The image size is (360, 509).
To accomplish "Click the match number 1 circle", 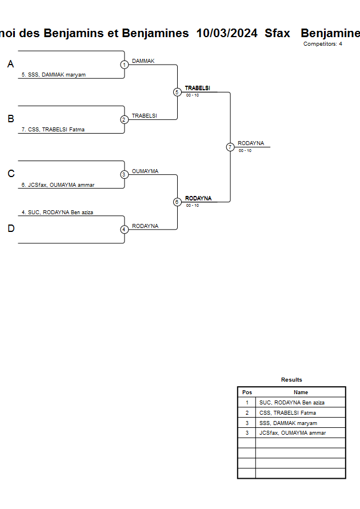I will click(124, 65).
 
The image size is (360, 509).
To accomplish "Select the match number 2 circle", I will click(124, 119).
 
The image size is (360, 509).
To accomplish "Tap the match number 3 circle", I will click(124, 174).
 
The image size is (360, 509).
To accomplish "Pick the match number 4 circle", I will click(124, 229).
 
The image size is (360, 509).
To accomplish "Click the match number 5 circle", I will click(177, 92).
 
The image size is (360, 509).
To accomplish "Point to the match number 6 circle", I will click(177, 202).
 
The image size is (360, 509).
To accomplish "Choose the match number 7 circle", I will click(230, 147).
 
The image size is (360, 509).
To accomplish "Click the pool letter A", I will click(10, 65).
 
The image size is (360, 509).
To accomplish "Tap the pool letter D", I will click(10, 229).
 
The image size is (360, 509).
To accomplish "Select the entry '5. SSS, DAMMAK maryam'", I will click(54, 75).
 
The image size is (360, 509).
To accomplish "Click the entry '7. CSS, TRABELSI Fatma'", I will click(53, 130).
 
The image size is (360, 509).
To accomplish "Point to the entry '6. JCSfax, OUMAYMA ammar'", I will click(58, 185).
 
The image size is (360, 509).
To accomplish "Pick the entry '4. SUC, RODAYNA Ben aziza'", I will click(57, 212).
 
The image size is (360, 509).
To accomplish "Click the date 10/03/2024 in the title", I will click(227, 33).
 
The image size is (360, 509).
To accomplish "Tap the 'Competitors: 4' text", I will click(323, 44).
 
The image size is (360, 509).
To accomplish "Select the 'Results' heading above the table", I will click(291, 380).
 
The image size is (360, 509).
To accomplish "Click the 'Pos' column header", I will click(247, 392).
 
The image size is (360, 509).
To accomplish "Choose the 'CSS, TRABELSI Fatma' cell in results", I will click(287, 412).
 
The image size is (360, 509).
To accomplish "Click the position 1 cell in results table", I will click(247, 403).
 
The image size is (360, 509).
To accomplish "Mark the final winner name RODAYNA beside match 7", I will click(251, 143).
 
